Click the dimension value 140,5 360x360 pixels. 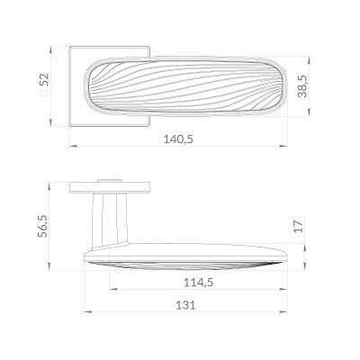coord(178,139)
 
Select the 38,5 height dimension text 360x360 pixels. coord(302,86)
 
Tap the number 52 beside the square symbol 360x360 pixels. coord(44,80)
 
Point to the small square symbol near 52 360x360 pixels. coord(44,93)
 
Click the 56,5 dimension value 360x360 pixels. coord(43,226)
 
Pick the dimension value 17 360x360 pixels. coord(299,226)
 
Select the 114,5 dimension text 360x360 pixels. coord(198,283)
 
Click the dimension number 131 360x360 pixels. coord(185,305)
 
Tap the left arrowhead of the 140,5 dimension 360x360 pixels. coord(74,146)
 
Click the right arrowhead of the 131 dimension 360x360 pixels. coord(283,312)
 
